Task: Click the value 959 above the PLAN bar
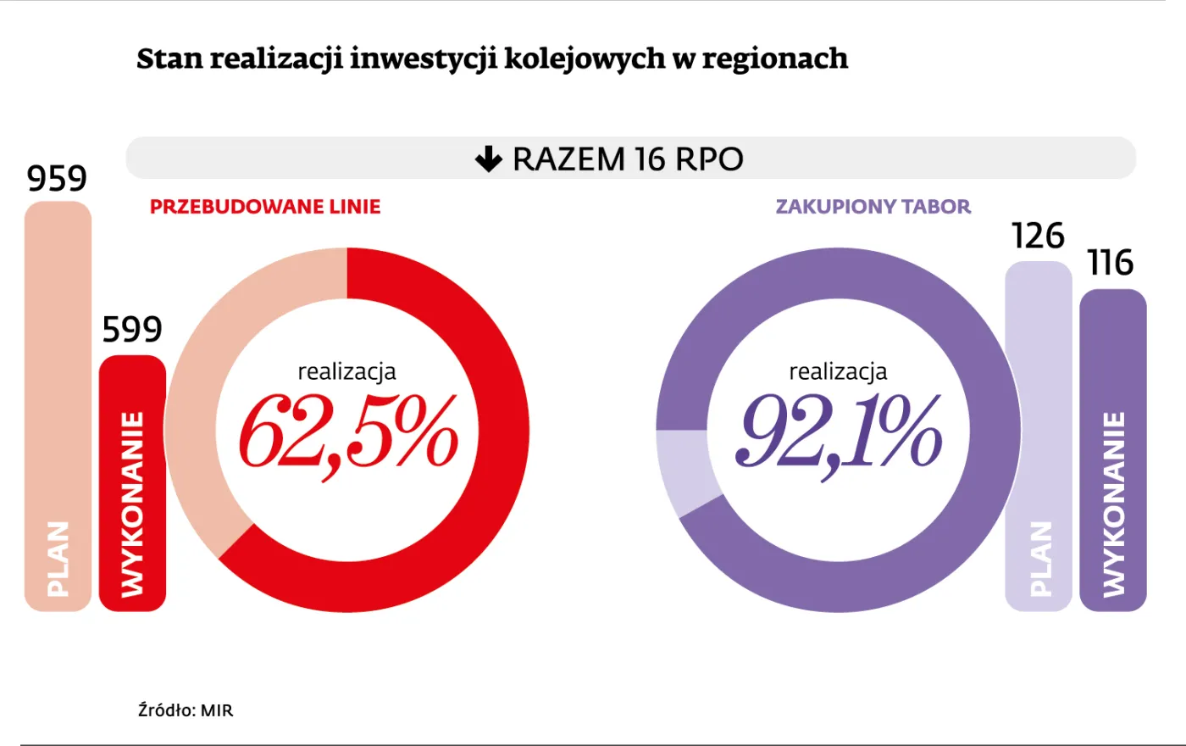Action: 57,179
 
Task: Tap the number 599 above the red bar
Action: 132,330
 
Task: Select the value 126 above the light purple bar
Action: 1038,237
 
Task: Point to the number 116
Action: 1111,264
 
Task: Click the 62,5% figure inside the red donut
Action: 347,433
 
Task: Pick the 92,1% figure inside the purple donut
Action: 839,433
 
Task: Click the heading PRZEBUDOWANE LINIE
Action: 265,207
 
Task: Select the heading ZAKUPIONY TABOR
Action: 873,207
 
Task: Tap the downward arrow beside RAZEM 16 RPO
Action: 489,159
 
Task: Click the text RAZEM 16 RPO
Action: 628,159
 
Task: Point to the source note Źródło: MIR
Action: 186,710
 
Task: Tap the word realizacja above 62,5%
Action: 346,371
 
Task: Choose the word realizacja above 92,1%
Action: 838,371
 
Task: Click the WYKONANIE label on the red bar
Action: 132,504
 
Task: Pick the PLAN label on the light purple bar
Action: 1039,559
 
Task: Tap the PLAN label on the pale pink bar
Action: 57,559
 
